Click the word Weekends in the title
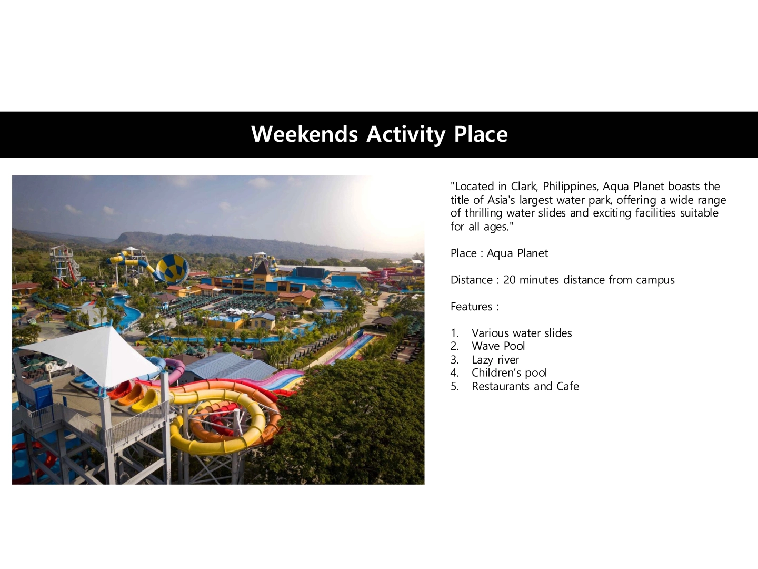coord(304,134)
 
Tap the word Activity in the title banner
coord(406,135)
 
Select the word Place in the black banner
coord(481,134)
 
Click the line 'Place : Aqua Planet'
coord(499,253)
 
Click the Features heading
coord(475,307)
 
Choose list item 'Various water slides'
coord(522,333)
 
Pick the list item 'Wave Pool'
coord(498,346)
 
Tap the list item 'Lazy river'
coord(495,360)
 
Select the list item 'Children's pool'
coord(509,373)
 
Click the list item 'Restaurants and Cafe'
coord(525,386)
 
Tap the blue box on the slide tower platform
coord(43,397)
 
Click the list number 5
coord(454,386)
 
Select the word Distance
coord(471,280)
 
